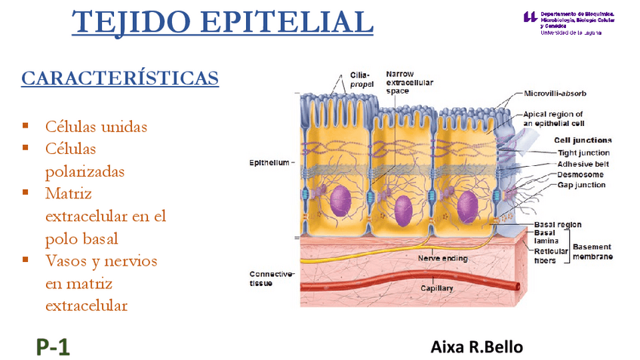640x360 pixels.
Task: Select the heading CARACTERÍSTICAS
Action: pyautogui.click(x=120, y=78)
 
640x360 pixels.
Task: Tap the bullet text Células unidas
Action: pyautogui.click(x=96, y=126)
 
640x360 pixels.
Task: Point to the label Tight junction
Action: pyautogui.click(x=583, y=152)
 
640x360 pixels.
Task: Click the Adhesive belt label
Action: pyautogui.click(x=583, y=164)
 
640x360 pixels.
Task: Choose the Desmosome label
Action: pyautogui.click(x=580, y=174)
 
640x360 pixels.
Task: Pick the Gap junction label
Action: pyautogui.click(x=581, y=185)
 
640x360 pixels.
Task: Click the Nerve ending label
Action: pyautogui.click(x=442, y=258)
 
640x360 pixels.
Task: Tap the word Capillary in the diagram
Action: pyautogui.click(x=437, y=289)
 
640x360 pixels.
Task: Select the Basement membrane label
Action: pyautogui.click(x=592, y=251)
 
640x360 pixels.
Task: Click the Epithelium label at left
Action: pyautogui.click(x=269, y=162)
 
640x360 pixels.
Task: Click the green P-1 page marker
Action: pyautogui.click(x=52, y=346)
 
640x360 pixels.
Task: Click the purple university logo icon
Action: pyautogui.click(x=531, y=17)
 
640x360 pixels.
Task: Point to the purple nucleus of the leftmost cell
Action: pyautogui.click(x=341, y=200)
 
